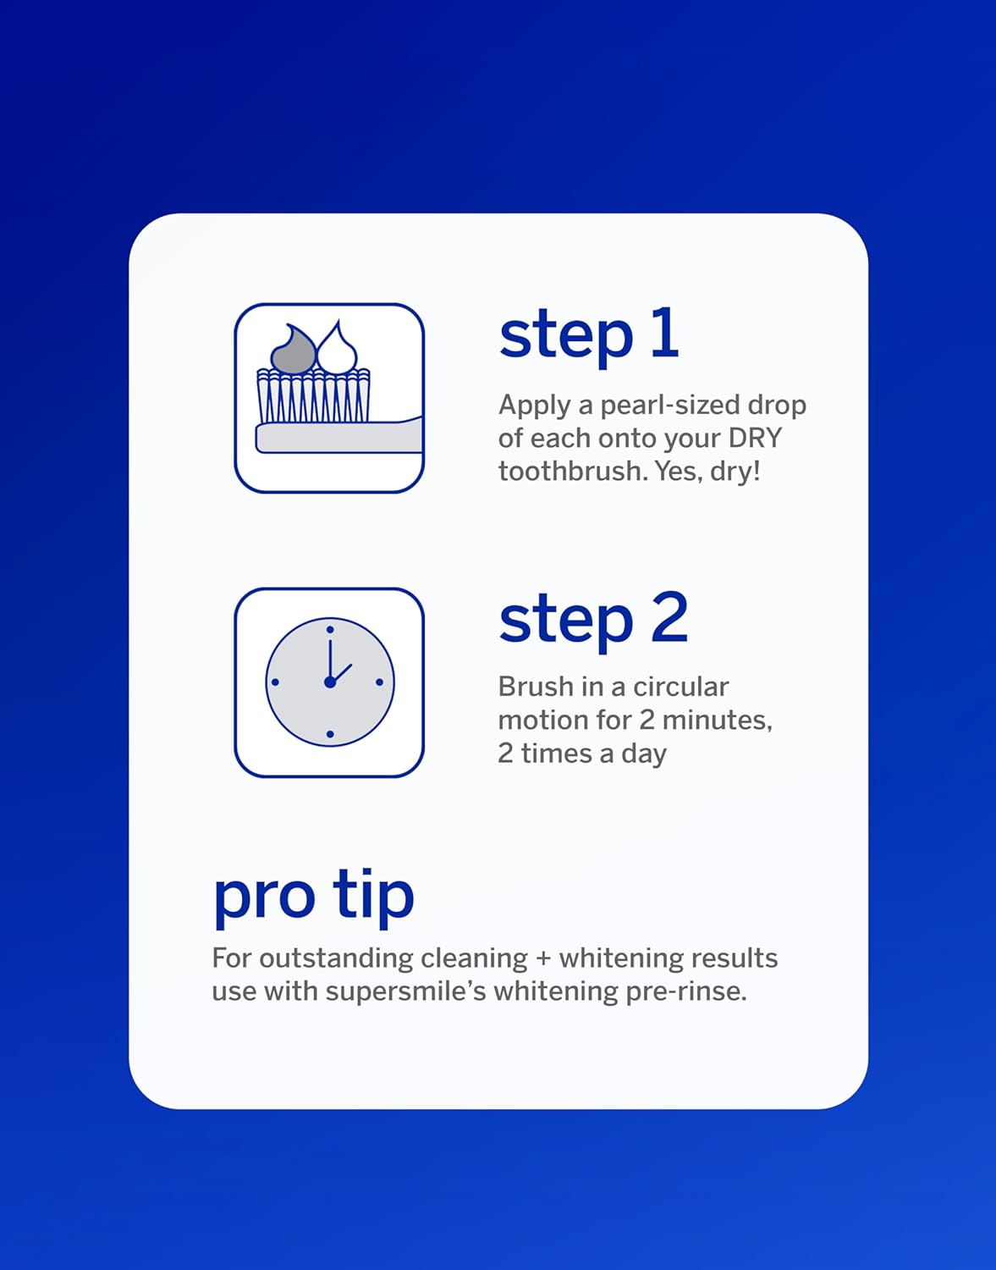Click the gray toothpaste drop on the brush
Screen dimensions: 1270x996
[x=293, y=350]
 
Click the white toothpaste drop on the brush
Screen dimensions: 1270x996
[x=337, y=349]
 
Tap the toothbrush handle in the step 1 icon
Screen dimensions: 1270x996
[x=338, y=437]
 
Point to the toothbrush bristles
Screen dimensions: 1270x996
[x=313, y=396]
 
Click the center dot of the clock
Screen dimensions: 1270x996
[x=329, y=682]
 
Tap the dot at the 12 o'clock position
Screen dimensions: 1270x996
[x=329, y=630]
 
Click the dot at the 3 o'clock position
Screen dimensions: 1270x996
[x=379, y=682]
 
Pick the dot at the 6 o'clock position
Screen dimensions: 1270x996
[x=329, y=733]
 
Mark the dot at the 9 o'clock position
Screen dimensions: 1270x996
[x=275, y=682]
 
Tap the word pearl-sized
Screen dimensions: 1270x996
[x=669, y=406]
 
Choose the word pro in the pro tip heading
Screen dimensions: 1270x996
[x=263, y=897]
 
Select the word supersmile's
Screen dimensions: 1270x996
[x=405, y=991]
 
